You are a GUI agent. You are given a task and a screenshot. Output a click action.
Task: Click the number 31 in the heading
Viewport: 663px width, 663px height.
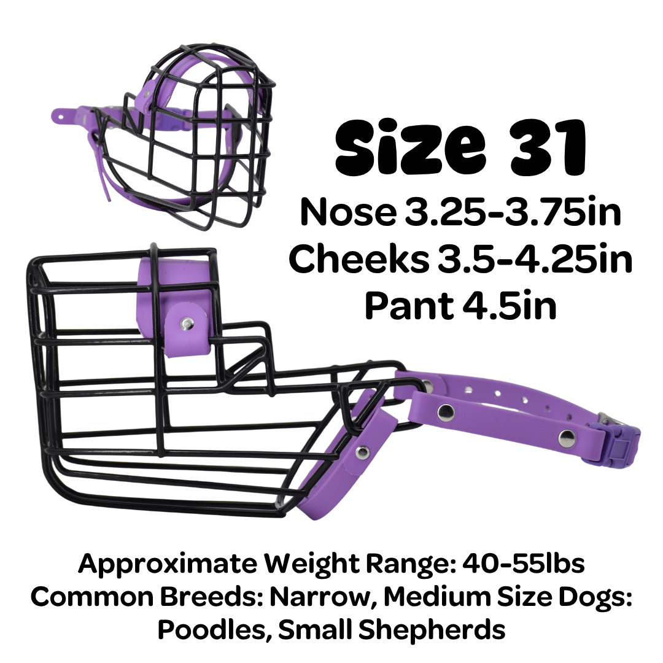(x=548, y=148)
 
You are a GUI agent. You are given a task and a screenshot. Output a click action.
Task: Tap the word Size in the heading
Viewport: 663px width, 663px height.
(x=411, y=147)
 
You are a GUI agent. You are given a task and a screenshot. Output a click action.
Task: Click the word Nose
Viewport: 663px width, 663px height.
(x=348, y=212)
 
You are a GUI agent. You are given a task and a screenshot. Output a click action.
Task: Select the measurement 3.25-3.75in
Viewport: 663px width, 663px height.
(x=513, y=212)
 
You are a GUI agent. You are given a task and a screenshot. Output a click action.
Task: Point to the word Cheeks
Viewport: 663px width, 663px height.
(x=359, y=259)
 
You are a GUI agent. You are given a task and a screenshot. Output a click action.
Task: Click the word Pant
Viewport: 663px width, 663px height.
(x=409, y=306)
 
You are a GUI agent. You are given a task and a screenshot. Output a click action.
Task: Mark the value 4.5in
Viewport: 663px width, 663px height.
(x=509, y=306)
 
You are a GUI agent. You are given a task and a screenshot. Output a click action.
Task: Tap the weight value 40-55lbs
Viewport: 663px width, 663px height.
(x=524, y=563)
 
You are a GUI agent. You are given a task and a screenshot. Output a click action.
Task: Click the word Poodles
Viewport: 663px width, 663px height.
(x=215, y=629)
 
